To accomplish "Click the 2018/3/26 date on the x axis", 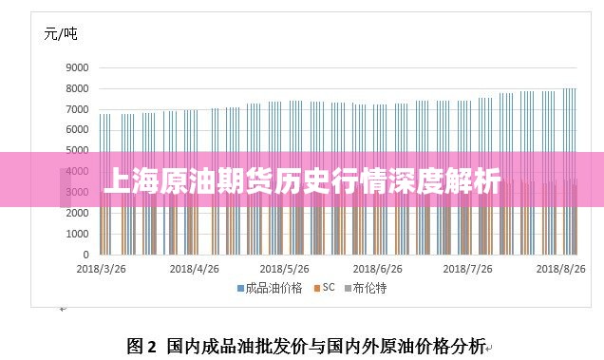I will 101,269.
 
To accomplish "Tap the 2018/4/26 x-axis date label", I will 194,269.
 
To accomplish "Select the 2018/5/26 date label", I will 285,269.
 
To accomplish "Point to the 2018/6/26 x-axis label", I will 378,269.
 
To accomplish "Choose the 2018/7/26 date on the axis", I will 469,269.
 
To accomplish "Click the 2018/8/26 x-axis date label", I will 560,269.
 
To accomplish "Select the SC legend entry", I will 329,288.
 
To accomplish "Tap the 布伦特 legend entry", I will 370,288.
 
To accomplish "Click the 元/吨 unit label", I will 61,34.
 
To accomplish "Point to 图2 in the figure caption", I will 141,345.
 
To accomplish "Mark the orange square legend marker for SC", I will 316,288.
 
